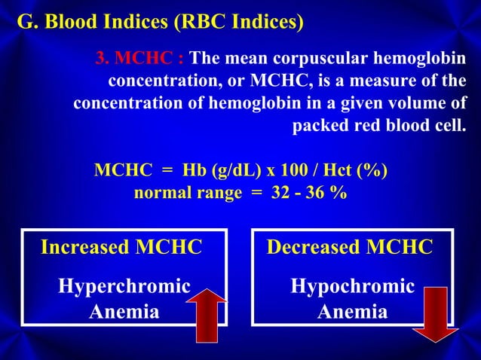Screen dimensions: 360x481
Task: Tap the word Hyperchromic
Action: (124, 286)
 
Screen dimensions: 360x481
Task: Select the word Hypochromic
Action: (353, 286)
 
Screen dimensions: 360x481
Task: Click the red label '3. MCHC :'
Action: (141, 59)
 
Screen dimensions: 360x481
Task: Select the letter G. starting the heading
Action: (26, 23)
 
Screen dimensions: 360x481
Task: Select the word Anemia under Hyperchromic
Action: (124, 311)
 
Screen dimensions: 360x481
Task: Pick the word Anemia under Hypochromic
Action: (353, 311)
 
